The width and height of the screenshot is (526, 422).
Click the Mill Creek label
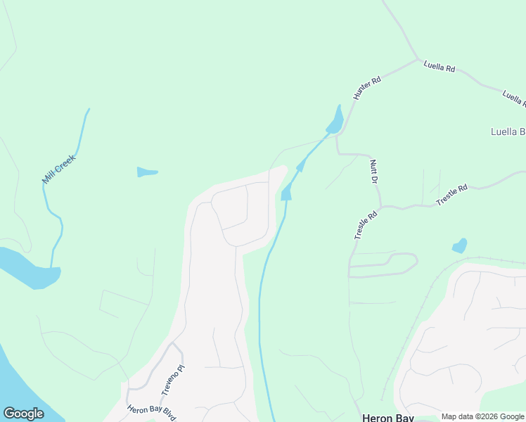pyautogui.click(x=58, y=170)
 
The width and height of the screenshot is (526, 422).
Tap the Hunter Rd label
pyautogui.click(x=366, y=88)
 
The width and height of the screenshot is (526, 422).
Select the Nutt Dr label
pyautogui.click(x=374, y=172)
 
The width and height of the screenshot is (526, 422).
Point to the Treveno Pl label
pyautogui.click(x=172, y=379)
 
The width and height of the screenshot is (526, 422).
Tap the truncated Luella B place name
pyautogui.click(x=508, y=132)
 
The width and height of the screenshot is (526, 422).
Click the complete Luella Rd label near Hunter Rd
pyautogui.click(x=440, y=68)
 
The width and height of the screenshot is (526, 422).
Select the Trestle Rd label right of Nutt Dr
pyautogui.click(x=451, y=195)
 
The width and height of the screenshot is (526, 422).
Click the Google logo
pyautogui.click(x=23, y=414)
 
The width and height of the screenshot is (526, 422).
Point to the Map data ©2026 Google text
pyautogui.click(x=482, y=416)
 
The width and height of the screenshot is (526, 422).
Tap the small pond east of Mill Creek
pyautogui.click(x=146, y=172)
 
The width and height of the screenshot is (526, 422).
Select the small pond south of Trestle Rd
pyautogui.click(x=460, y=245)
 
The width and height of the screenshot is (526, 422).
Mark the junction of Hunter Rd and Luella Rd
pyautogui.click(x=418, y=60)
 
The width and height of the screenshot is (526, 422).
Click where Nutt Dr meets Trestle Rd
pyautogui.click(x=380, y=207)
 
